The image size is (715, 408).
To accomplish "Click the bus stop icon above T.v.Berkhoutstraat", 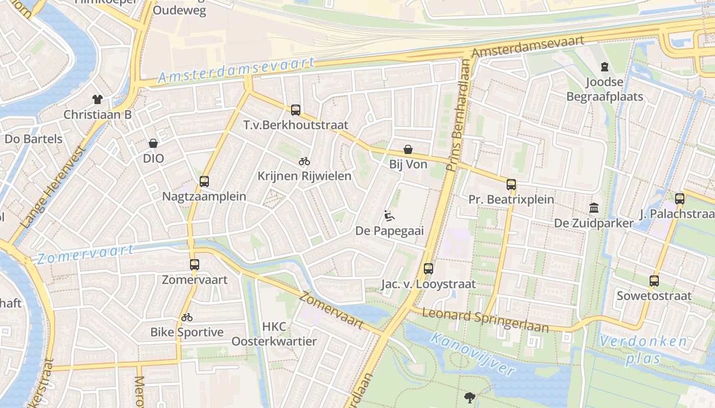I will [296, 110].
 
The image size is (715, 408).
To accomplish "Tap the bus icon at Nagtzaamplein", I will [204, 182].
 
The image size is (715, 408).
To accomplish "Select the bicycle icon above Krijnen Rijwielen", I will [304, 161].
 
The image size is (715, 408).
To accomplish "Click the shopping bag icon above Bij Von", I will [408, 149].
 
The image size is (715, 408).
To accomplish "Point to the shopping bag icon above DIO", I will [153, 143].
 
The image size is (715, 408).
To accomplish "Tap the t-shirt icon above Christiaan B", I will [97, 99].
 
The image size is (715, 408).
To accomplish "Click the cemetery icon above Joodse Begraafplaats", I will [605, 66].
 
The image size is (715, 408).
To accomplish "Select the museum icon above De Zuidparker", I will [594, 208].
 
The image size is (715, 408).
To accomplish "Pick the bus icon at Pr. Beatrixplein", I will [511, 184].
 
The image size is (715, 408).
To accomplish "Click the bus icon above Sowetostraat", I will [654, 280].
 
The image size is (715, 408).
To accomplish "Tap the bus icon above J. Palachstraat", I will [679, 198].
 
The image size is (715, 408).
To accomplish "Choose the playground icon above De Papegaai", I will [389, 216].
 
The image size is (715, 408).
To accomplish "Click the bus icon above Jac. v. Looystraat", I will [428, 269].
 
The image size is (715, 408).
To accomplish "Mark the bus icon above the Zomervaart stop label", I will [195, 265].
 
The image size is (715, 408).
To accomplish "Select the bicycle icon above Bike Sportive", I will [187, 317].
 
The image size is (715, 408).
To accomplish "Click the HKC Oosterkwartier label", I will [274, 334].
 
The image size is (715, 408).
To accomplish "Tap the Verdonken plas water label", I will [643, 349].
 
